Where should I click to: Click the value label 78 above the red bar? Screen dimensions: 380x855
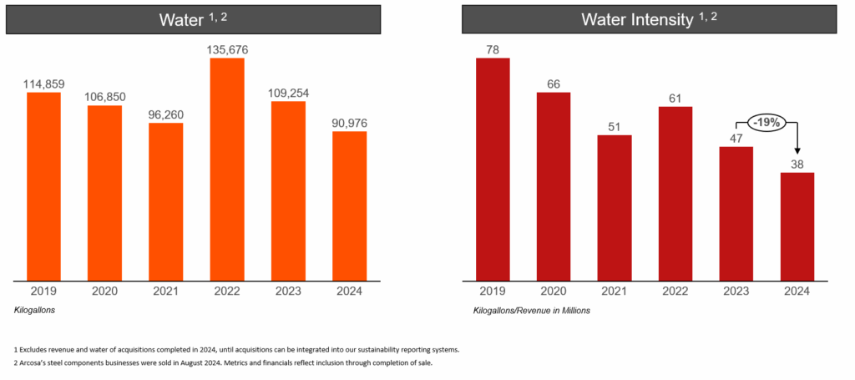[493, 50]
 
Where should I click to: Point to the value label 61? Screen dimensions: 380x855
[675, 99]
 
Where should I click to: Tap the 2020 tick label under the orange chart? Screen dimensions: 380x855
[104, 291]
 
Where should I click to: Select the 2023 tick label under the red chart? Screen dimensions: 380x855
[736, 291]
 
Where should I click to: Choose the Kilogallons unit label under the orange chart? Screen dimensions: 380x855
[38, 310]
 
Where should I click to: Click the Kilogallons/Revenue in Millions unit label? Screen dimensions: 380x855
[531, 311]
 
